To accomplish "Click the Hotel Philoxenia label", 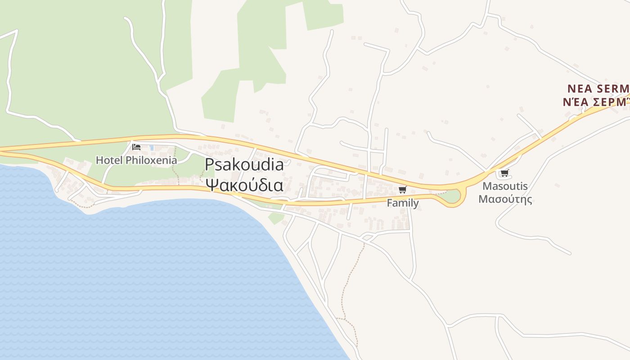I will pyautogui.click(x=133, y=160).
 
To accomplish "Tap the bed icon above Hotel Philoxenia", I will pyautogui.click(x=136, y=147).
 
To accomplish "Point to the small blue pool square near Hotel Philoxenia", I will pyautogui.click(x=152, y=147).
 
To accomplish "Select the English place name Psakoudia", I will pyautogui.click(x=244, y=165).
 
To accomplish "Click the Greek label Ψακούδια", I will pyautogui.click(x=244, y=184).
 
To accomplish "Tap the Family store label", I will pyautogui.click(x=403, y=203).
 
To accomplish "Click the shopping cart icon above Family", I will pyautogui.click(x=402, y=189).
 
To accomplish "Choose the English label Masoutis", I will pyautogui.click(x=505, y=186).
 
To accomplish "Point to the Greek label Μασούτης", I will pyautogui.click(x=505, y=199).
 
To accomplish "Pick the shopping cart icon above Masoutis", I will pyautogui.click(x=504, y=173).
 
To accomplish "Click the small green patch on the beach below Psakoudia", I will pyautogui.click(x=276, y=218).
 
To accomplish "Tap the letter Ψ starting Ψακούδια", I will pyautogui.click(x=211, y=184).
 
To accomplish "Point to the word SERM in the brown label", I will pyautogui.click(x=612, y=88).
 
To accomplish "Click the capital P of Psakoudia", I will pyautogui.click(x=209, y=165).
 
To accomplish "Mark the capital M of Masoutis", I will pyautogui.click(x=487, y=186).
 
